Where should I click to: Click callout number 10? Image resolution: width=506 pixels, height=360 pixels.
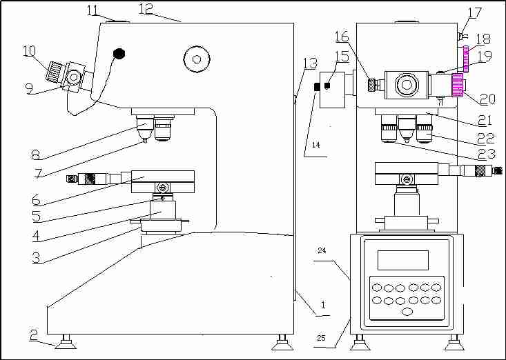pyautogui.click(x=28, y=51)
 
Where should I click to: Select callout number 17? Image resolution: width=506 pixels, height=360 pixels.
pyautogui.click(x=475, y=12)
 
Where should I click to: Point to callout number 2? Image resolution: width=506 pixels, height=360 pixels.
pyautogui.click(x=33, y=335)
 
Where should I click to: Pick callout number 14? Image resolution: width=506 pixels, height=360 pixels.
pyautogui.click(x=315, y=146)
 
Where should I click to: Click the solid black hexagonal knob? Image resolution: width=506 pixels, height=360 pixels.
pyautogui.click(x=119, y=52)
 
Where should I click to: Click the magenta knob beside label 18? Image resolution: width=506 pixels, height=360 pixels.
pyautogui.click(x=467, y=59)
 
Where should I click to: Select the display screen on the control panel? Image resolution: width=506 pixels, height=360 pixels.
pyautogui.click(x=402, y=260)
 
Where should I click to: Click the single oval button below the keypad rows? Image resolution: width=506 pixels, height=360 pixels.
pyautogui.click(x=407, y=312)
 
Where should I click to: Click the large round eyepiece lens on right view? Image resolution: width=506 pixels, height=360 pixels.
pyautogui.click(x=405, y=86)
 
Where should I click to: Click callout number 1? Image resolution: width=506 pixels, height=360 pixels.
pyautogui.click(x=322, y=304)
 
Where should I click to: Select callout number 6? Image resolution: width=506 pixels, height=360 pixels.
pyautogui.click(x=36, y=200)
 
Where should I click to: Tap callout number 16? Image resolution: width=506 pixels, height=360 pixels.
pyautogui.click(x=342, y=36)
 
